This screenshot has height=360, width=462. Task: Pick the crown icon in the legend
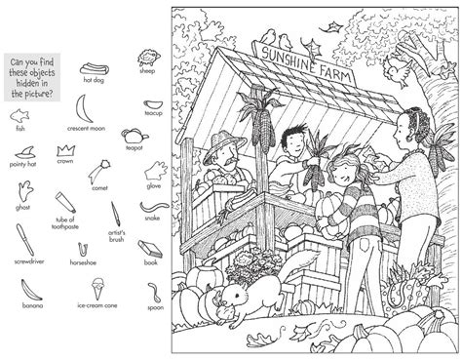point(65,148)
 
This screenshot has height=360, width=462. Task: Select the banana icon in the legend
point(31,290)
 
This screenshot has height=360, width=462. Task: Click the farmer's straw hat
point(225,140)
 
